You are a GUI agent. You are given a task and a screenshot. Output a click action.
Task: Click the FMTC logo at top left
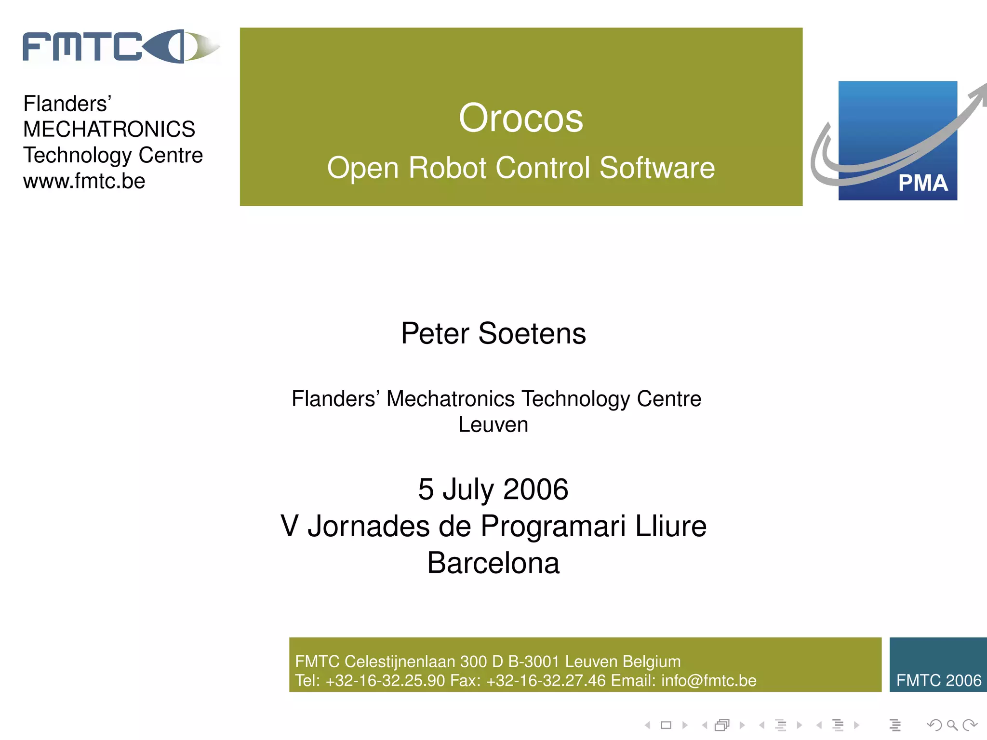click(120, 47)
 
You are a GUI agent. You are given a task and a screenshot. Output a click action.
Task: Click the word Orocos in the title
click(520, 119)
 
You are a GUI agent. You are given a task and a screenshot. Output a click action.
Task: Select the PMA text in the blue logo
click(922, 183)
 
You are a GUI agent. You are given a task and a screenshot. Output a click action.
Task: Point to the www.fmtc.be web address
click(84, 181)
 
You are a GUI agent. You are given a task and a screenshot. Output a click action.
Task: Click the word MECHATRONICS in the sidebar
click(109, 129)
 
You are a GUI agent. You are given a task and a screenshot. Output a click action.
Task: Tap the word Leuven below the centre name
click(493, 425)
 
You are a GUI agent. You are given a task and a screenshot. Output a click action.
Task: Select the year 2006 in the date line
click(535, 489)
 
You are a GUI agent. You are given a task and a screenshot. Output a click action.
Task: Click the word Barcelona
click(493, 563)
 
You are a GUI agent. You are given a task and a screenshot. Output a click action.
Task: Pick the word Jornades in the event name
click(368, 526)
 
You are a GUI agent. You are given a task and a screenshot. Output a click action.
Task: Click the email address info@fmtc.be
click(708, 681)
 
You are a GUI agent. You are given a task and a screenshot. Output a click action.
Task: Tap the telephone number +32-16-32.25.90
click(385, 681)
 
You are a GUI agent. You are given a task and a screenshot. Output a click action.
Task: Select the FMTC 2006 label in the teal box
click(938, 680)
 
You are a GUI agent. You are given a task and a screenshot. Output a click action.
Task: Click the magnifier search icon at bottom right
click(952, 725)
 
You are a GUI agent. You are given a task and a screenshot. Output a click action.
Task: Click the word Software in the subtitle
click(657, 168)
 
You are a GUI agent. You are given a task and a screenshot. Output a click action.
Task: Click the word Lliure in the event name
click(670, 526)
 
